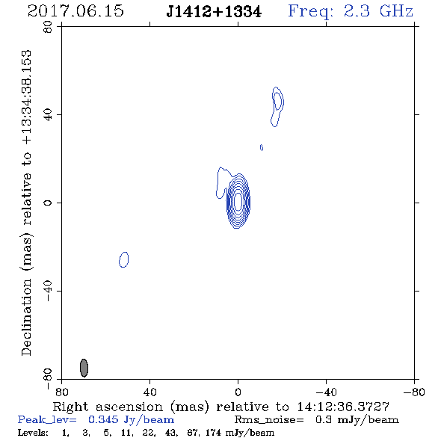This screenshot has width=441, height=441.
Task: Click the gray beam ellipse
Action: pyautogui.click(x=84, y=368)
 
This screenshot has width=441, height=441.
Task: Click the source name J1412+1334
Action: pyautogui.click(x=214, y=12)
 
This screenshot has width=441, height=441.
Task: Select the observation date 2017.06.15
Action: pyautogui.click(x=75, y=11)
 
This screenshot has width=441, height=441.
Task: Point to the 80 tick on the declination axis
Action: pyautogui.click(x=48, y=27)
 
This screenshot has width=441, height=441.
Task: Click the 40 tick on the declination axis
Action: pyautogui.click(x=48, y=115)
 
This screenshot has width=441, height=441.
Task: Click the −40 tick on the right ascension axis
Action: pyautogui.click(x=326, y=392)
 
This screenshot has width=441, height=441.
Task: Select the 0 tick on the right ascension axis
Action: pyautogui.click(x=238, y=392)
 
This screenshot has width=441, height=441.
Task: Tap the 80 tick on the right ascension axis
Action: pyautogui.click(x=62, y=392)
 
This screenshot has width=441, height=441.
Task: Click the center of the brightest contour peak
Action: pyautogui.click(x=238, y=201)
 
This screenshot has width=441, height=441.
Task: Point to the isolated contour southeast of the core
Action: pyautogui.click(x=124, y=259)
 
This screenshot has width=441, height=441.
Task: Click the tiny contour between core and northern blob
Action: pyautogui.click(x=262, y=148)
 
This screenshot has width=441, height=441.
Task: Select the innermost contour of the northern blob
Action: pyautogui.click(x=277, y=101)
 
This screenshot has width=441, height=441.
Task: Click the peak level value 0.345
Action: pyautogui.click(x=103, y=419)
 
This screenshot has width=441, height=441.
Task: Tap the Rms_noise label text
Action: pyautogui.click(x=269, y=420)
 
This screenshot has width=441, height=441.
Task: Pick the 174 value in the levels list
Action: pyautogui.click(x=214, y=433)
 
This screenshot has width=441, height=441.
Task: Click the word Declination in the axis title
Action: pyautogui.click(x=26, y=317)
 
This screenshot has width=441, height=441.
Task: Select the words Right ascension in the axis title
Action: pyautogui.click(x=108, y=407)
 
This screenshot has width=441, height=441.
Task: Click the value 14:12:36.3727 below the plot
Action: pyautogui.click(x=343, y=407)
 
